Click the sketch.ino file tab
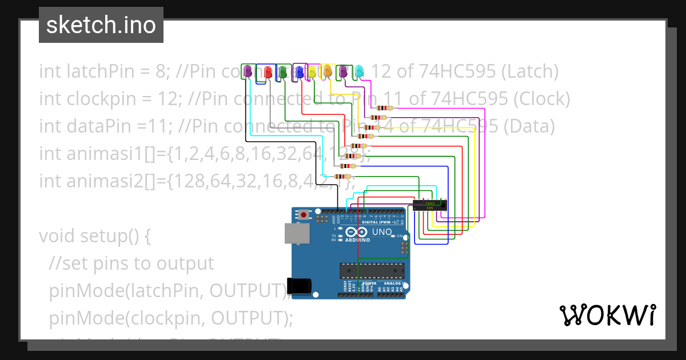[101, 25]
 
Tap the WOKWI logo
[607, 315]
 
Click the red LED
[267, 72]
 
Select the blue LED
[299, 71]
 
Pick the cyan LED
[359, 71]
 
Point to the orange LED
[327, 71]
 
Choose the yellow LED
[312, 71]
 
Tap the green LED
[282, 72]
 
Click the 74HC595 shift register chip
[429, 205]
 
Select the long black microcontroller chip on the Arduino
[372, 271]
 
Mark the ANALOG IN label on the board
[393, 283]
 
